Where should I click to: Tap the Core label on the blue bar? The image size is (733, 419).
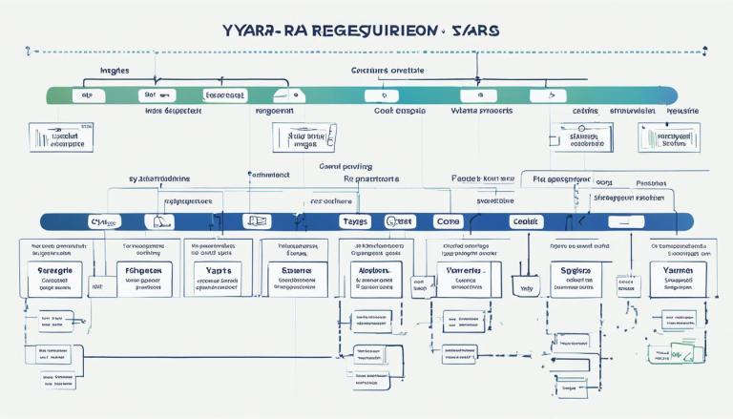(447, 220)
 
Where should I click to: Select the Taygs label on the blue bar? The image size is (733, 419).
(353, 220)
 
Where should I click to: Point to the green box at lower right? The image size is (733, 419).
(672, 353)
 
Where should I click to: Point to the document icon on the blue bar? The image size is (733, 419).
(256, 220)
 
